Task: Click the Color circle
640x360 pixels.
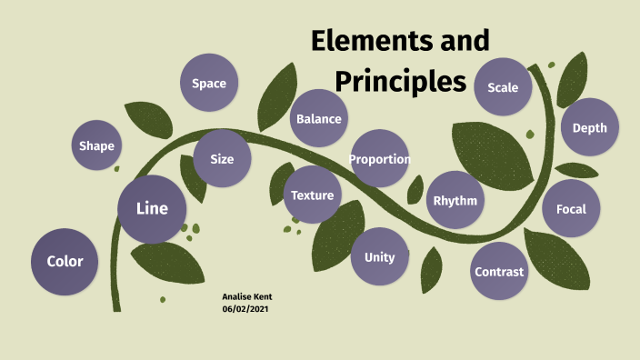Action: (65, 262)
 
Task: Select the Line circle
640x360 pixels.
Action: (152, 209)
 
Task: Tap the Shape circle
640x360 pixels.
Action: (96, 146)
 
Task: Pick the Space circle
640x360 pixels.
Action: (209, 84)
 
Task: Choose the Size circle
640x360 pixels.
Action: (222, 159)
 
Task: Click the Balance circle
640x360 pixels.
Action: (318, 119)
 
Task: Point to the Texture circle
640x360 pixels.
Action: (312, 195)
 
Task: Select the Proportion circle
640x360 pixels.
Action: (380, 159)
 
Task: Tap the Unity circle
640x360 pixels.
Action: (379, 257)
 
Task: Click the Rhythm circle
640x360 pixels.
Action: (455, 200)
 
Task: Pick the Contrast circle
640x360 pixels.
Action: (499, 272)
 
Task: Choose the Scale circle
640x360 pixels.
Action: (503, 87)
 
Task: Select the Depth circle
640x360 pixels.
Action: (589, 128)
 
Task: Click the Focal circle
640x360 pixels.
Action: (571, 209)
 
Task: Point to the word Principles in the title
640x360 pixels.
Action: (400, 80)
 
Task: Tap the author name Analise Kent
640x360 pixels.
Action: (246, 296)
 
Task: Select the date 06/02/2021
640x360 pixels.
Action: (245, 309)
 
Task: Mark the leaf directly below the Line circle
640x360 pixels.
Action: (167, 264)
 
